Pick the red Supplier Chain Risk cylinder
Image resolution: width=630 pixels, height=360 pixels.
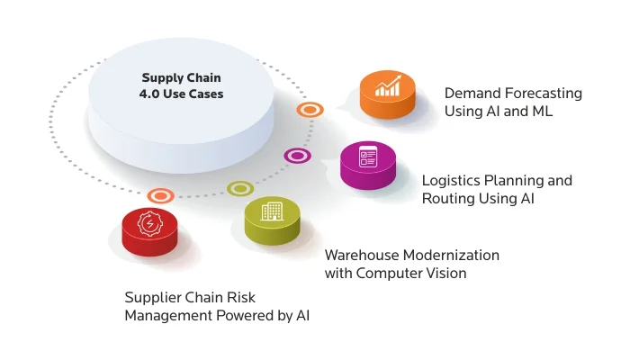(x=148, y=233)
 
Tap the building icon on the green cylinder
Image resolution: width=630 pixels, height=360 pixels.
(x=271, y=211)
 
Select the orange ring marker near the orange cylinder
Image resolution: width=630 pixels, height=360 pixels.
(x=310, y=110)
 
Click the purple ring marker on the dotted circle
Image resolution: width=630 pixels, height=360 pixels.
(x=297, y=156)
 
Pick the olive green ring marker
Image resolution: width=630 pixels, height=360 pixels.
(x=239, y=189)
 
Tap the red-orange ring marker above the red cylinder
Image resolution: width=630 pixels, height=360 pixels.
(x=160, y=194)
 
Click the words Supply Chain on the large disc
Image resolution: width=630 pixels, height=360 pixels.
(x=181, y=77)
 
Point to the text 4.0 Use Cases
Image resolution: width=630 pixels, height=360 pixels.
(x=181, y=94)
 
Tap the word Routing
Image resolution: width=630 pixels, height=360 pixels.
(x=449, y=198)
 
